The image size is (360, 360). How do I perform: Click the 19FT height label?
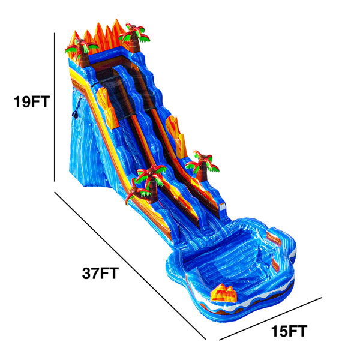point(31,103)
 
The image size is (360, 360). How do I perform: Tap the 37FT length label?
point(100,274)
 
